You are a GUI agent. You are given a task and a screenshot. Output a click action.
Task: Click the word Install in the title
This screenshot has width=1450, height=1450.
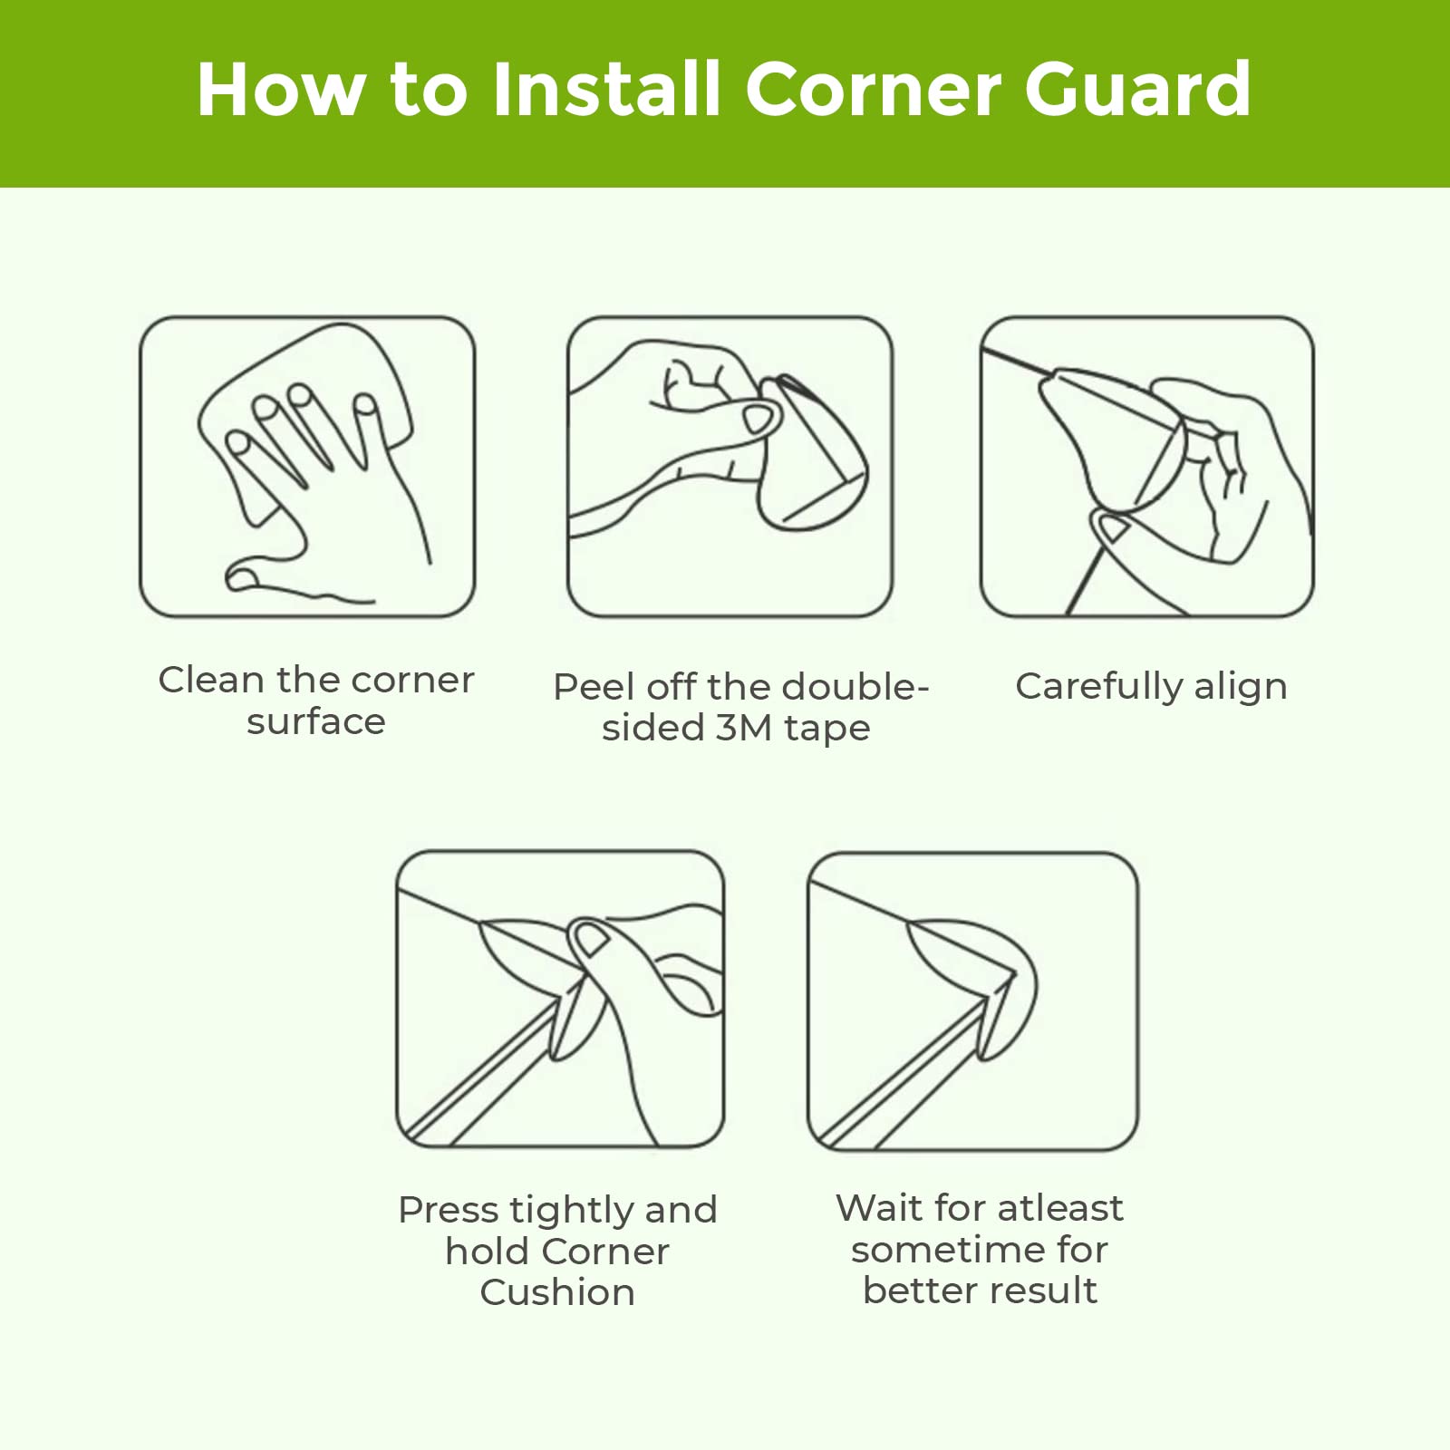[606, 89]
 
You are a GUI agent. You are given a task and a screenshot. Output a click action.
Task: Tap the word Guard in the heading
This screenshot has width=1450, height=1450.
[1137, 89]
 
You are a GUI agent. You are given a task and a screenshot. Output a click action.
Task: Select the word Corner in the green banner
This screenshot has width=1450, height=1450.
[872, 89]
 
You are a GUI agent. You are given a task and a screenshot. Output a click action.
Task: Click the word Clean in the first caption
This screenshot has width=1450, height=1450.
[211, 680]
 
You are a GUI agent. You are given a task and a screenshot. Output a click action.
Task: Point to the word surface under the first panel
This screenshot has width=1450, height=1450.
[316, 721]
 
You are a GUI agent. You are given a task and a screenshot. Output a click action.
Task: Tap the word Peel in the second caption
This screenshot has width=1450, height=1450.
[594, 687]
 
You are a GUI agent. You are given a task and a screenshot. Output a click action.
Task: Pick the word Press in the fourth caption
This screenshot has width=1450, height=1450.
[449, 1211]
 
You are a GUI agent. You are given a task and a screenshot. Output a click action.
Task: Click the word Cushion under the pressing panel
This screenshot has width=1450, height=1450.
[557, 1292]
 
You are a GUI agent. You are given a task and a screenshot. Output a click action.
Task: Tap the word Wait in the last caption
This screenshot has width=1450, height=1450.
[879, 1208]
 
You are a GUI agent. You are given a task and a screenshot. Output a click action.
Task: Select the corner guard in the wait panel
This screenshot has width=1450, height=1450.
[970, 988]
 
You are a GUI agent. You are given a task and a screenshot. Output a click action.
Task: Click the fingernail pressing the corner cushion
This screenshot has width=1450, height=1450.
[591, 939]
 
